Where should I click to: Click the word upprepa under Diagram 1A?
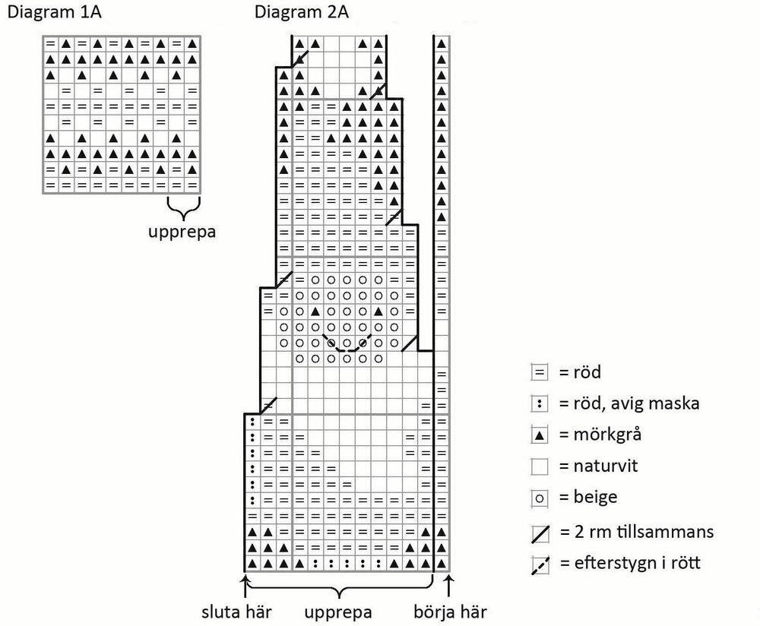pos(182,231)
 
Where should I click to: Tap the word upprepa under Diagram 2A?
pos(338,612)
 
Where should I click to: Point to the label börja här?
pos(451,612)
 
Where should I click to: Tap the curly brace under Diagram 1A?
pos(182,207)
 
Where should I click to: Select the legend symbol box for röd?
pos(539,373)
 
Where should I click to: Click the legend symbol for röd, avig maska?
pos(539,404)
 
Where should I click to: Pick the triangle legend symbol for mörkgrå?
pos(539,435)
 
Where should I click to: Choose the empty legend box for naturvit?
pos(539,466)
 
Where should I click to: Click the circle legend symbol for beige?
pos(539,498)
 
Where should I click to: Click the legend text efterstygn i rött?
pos(629,564)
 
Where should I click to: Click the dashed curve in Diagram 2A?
pos(347,346)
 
